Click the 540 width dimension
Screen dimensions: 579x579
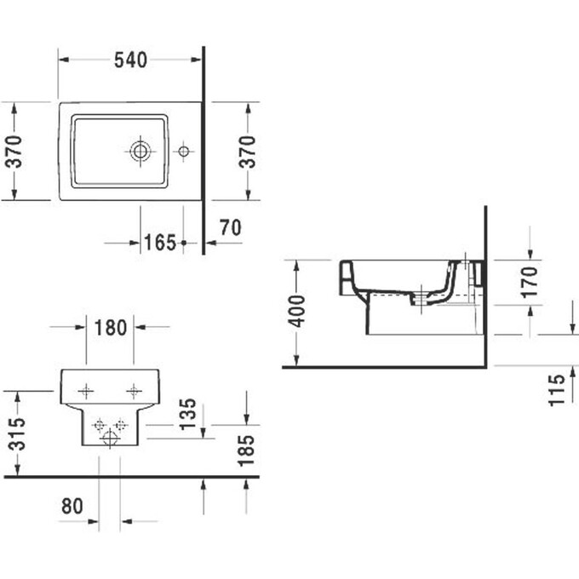pos(130,60)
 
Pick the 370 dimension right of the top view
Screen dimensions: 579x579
pos(247,152)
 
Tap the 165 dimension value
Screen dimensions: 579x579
pos(160,243)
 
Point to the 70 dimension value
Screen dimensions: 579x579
pos(232,227)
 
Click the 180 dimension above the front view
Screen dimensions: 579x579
pos(110,326)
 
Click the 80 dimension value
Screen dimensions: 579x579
pos(72,506)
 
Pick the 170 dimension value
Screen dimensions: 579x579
pos(530,281)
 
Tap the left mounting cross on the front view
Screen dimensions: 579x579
pos(85,390)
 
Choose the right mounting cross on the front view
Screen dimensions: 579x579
pos(133,390)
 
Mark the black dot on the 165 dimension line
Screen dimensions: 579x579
pos(184,243)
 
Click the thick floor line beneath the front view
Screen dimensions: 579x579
pos(128,477)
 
